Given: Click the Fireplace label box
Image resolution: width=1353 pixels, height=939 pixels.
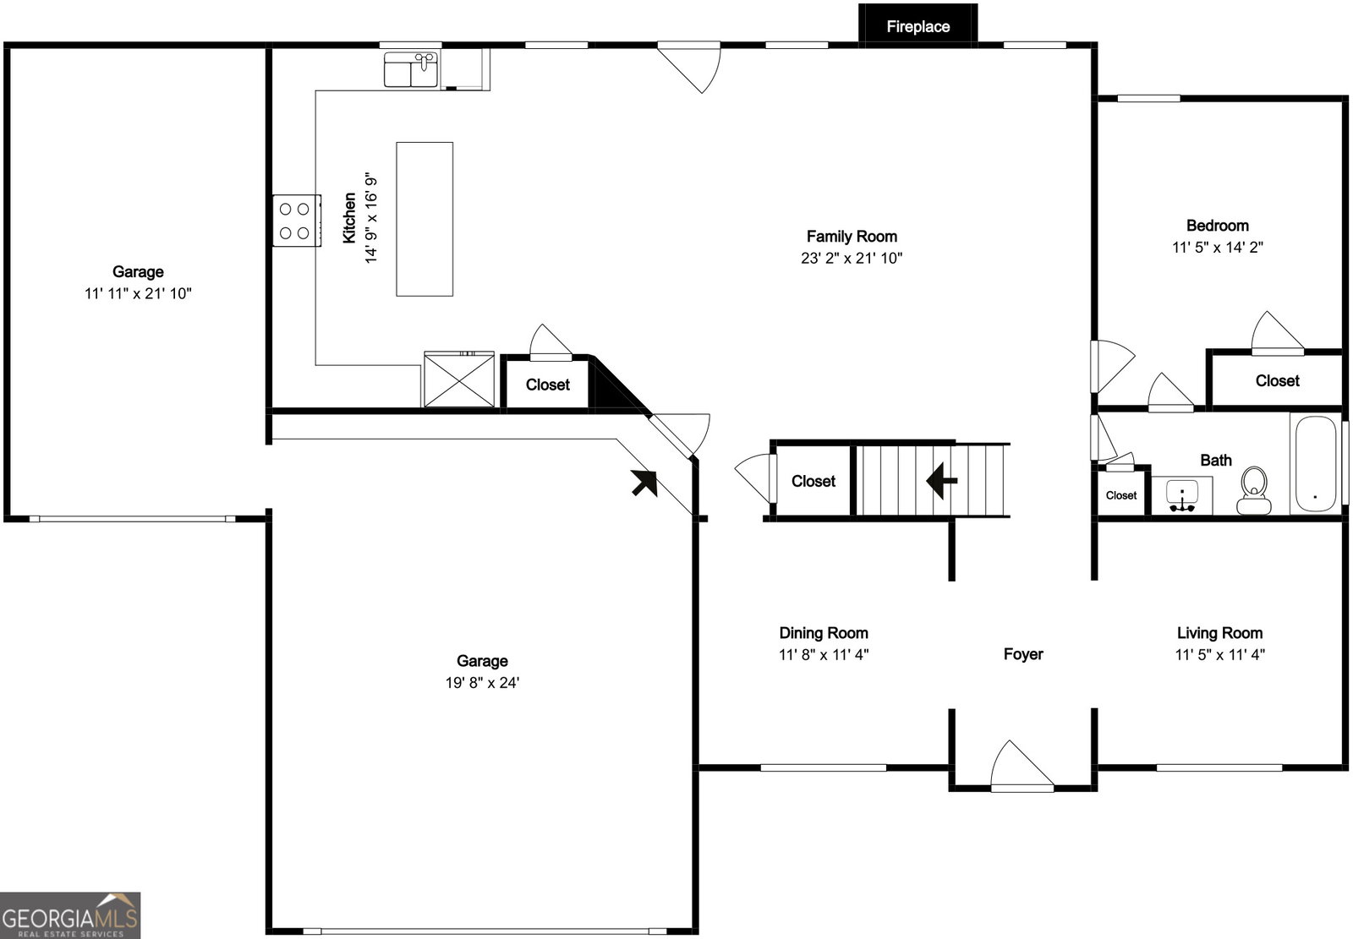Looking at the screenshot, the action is [918, 24].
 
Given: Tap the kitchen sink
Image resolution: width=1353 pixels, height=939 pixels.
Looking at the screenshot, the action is [411, 69].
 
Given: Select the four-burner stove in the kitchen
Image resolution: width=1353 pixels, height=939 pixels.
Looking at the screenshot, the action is [297, 221].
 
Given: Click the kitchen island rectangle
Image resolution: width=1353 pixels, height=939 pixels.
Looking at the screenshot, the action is [425, 219].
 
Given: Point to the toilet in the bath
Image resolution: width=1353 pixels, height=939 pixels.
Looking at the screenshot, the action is [1253, 490].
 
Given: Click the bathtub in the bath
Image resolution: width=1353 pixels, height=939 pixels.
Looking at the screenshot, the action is [1316, 464].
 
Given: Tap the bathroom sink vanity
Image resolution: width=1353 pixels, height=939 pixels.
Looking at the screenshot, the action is [1182, 495].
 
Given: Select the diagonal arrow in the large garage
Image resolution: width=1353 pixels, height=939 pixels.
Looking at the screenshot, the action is [644, 483].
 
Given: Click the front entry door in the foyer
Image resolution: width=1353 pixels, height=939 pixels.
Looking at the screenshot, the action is [1022, 767].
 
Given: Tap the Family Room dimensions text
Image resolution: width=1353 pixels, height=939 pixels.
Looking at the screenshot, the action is [852, 259].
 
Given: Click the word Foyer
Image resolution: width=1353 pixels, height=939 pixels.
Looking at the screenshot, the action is [1023, 654].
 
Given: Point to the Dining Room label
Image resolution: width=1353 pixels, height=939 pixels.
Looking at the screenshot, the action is [824, 633].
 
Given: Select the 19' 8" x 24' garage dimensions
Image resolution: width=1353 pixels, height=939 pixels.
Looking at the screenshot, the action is [482, 682].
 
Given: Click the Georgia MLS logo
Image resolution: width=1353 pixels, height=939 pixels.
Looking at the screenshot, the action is [70, 915].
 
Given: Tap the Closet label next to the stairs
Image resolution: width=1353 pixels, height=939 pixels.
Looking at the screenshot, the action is [813, 481].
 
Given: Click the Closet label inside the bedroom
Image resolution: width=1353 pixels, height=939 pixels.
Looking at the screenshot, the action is [1277, 380].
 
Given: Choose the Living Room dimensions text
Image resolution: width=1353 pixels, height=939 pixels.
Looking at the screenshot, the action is [1219, 654].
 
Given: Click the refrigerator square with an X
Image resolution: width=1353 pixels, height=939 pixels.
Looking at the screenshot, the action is [459, 379].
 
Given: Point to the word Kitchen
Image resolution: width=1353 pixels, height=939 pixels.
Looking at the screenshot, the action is [349, 218].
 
